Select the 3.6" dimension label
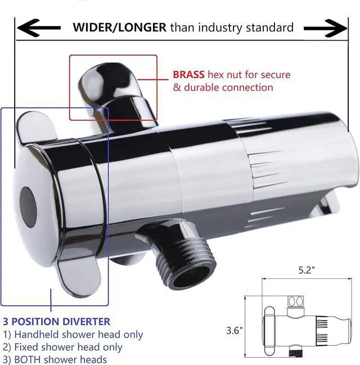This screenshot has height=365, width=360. click(x=236, y=331)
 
